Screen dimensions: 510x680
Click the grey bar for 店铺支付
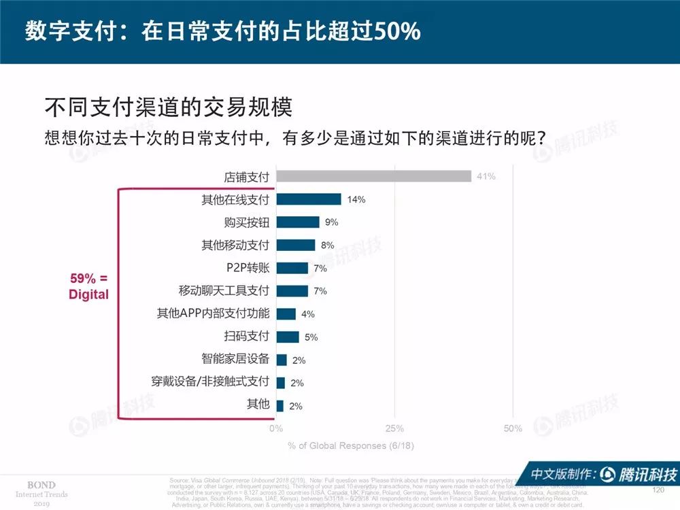click(374, 176)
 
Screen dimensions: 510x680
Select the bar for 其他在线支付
click(309, 199)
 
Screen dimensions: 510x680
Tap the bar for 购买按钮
click(298, 222)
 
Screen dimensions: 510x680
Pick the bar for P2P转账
click(292, 268)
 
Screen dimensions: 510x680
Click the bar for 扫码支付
click(288, 337)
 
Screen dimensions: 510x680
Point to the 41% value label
click(486, 177)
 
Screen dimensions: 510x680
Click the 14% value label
click(356, 199)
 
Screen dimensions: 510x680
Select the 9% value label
click(332, 222)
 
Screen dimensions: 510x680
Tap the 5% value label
click(311, 337)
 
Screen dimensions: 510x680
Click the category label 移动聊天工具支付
click(224, 290)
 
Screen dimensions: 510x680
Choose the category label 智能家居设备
click(235, 359)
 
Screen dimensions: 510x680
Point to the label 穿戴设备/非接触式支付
click(210, 381)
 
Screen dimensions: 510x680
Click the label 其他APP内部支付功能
click(213, 313)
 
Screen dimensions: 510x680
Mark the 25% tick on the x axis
click(394, 428)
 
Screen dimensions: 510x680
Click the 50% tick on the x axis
click(513, 428)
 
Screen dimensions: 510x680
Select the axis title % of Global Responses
click(350, 446)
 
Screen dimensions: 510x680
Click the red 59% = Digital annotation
click(89, 286)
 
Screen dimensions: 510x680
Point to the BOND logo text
click(41, 484)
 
